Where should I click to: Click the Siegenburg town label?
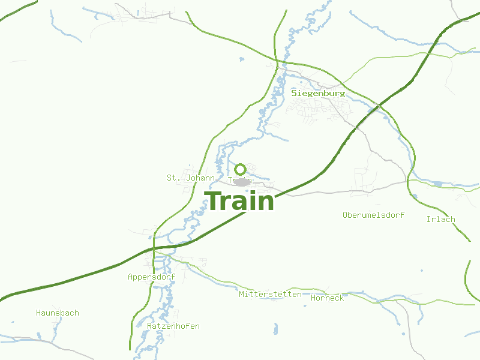318,94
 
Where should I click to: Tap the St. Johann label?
191,178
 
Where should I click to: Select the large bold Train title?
239,201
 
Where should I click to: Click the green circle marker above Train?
240,169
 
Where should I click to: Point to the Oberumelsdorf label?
373,215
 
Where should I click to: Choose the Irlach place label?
440,219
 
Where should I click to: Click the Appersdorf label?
151,277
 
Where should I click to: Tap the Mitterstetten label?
270,295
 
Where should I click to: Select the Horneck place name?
328,298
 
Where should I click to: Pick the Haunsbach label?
58,313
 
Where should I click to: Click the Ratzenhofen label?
173,326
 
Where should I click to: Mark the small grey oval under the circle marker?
241,182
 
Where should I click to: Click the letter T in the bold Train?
213,201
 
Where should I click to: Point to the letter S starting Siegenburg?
294,94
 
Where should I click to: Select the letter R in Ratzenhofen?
149,326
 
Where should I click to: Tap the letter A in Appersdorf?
130,277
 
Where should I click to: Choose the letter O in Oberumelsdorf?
345,215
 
